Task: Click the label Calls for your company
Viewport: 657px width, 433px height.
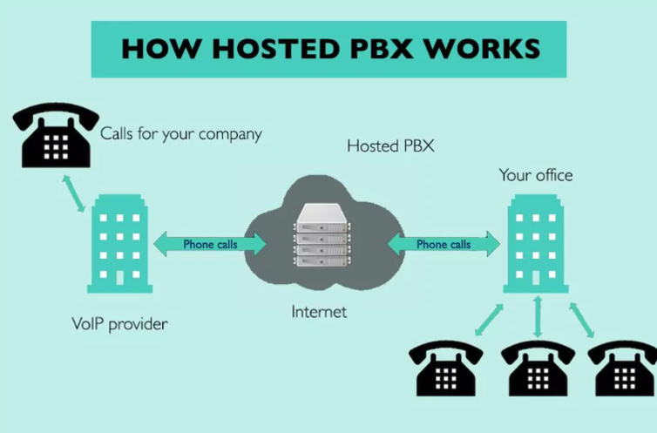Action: (181, 135)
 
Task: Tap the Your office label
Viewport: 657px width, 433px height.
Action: (535, 175)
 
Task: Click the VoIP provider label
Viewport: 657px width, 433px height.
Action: (119, 324)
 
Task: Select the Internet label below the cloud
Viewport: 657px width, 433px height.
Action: (319, 311)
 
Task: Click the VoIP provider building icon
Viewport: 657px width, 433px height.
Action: (113, 243)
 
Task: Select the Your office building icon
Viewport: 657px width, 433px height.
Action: (536, 243)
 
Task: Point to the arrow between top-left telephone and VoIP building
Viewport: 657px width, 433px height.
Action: (74, 193)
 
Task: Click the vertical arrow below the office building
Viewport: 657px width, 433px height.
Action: (538, 317)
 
